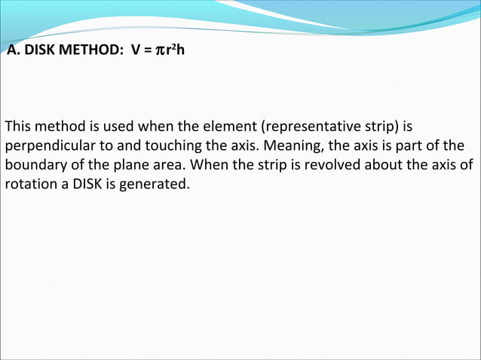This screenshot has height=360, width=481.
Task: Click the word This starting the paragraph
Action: coord(19,125)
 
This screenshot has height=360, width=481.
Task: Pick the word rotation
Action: coord(29,184)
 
